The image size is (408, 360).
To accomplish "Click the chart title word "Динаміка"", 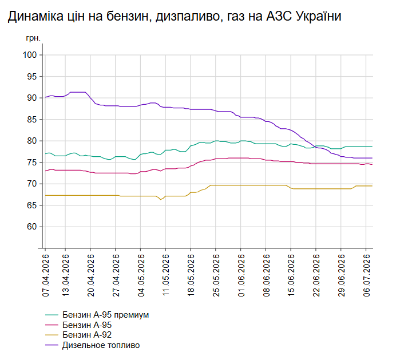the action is tap(35, 16).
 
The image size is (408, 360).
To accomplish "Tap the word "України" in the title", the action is tap(319, 16).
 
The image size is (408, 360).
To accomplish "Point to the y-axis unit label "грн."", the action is tap(33, 38).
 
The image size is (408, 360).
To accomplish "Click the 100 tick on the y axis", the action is tap(30, 55).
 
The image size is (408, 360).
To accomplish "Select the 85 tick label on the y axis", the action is tap(31, 120).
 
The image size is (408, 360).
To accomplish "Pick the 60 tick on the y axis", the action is tap(31, 227).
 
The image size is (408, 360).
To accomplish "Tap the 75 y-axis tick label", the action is tap(31, 163).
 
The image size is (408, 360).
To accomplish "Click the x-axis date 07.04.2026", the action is tap(46, 275).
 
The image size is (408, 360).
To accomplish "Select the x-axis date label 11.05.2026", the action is tap(166, 275).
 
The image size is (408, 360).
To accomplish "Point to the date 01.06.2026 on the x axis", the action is tap(241, 275).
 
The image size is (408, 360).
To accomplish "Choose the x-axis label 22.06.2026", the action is tap(316, 275).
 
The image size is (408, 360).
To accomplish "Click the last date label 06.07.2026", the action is tap(367, 275).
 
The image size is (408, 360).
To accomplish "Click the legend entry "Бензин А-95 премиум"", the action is tap(105, 315).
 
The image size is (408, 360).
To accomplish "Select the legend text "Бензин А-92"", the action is tap(87, 335).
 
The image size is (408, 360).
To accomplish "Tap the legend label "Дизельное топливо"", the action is tap(101, 345).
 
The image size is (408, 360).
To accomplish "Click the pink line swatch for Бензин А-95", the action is tap(52, 325).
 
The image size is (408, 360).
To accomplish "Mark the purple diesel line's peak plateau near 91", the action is tap(78, 92).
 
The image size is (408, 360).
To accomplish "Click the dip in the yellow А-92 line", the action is tap(161, 199).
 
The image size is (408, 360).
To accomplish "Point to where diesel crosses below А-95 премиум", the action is tap(315, 147).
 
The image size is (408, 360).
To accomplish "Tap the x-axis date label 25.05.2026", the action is tap(216, 275).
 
